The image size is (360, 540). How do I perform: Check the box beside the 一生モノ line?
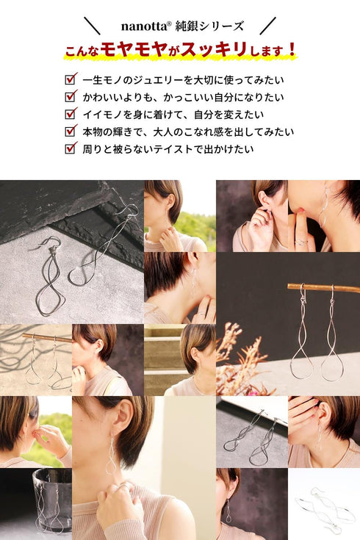[x=71, y=79]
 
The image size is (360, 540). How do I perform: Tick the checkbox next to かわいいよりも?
[x=71, y=96]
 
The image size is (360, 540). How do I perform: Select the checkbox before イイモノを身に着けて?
[x=71, y=114]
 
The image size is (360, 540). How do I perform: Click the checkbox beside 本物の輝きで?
[x=71, y=132]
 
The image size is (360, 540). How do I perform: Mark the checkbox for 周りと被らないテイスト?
[x=71, y=148]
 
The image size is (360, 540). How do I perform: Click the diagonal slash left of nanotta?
[x=92, y=26]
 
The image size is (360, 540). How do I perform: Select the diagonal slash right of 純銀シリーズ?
[x=268, y=26]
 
